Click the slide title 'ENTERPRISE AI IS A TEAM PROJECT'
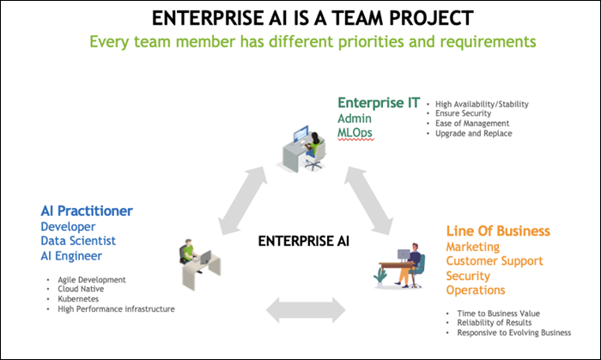point(300,18)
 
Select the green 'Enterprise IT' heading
point(379,104)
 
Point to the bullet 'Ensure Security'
point(464,113)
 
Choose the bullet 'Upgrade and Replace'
point(473,134)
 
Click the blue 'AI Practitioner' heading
point(87,211)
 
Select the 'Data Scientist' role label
point(78,241)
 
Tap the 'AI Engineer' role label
point(72,257)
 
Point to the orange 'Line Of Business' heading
point(498,231)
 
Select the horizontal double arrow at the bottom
point(301,305)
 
